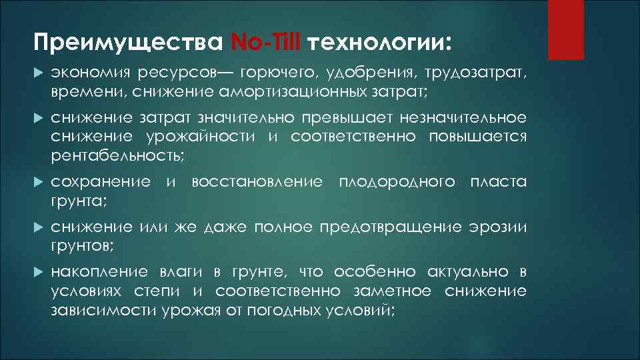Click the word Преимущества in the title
[x=127, y=43]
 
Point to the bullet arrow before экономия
[x=37, y=72]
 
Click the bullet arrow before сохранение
[x=37, y=182]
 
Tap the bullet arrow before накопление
[x=37, y=273]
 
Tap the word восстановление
[x=257, y=182]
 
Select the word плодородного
[x=397, y=182]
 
